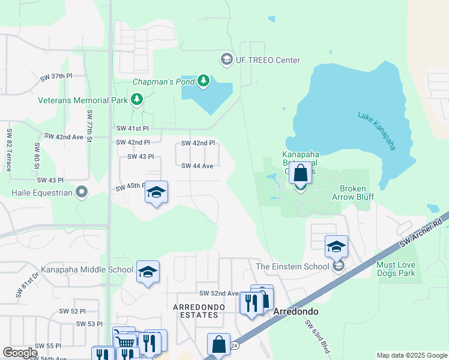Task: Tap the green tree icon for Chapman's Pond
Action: coord(203,80)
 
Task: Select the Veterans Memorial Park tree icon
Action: coord(137,100)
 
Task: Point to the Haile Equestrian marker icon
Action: coord(82,193)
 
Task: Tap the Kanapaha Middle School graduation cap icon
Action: coord(148,272)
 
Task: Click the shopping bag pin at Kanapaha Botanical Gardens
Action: coord(301,174)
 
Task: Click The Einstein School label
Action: coord(292,266)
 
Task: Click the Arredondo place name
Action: coord(295,313)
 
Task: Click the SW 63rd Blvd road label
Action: coord(318,335)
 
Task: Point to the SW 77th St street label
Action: coord(89,125)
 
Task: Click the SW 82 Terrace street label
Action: coord(9,150)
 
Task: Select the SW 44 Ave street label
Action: coord(197,166)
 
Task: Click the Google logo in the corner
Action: coord(20,353)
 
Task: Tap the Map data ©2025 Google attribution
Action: coord(411,355)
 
